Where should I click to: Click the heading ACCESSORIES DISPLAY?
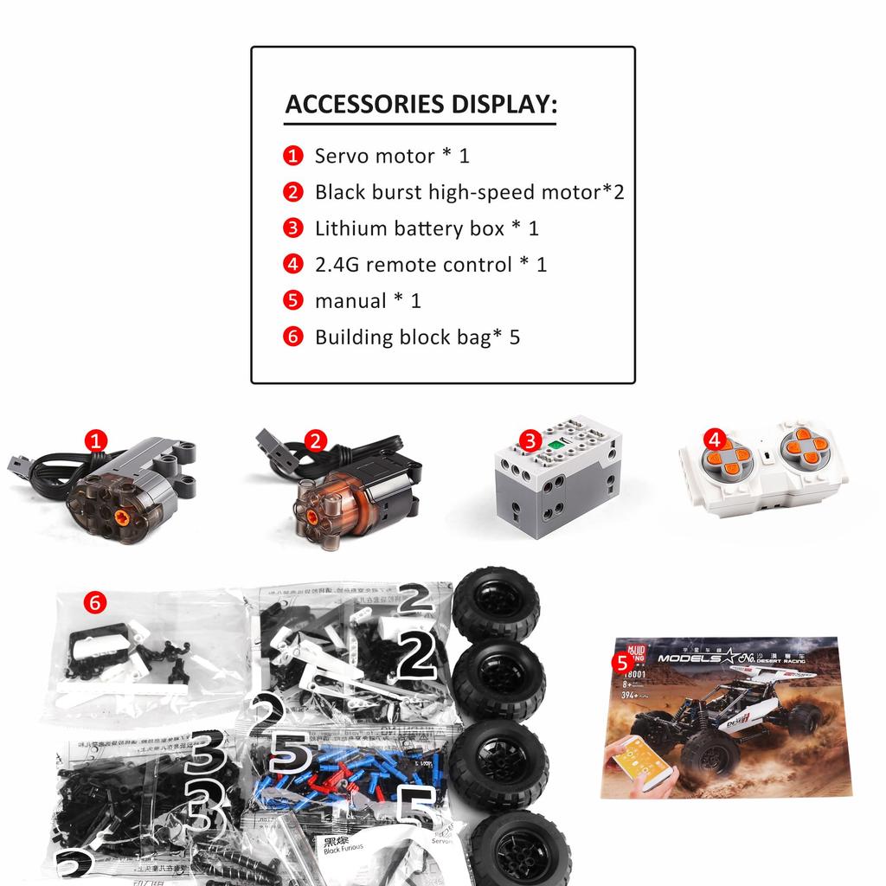[x=421, y=105]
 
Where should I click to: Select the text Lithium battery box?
[x=408, y=229]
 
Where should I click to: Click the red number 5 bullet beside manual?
[x=293, y=301]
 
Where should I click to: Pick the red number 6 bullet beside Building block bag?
[x=293, y=337]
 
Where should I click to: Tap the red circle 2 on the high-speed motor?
[x=315, y=441]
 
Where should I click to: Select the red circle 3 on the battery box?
[x=529, y=441]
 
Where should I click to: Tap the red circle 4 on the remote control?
[x=713, y=440]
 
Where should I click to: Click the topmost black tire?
[x=496, y=603]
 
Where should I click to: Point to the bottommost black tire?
[x=518, y=849]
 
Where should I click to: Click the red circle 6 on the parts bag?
[x=95, y=601]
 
